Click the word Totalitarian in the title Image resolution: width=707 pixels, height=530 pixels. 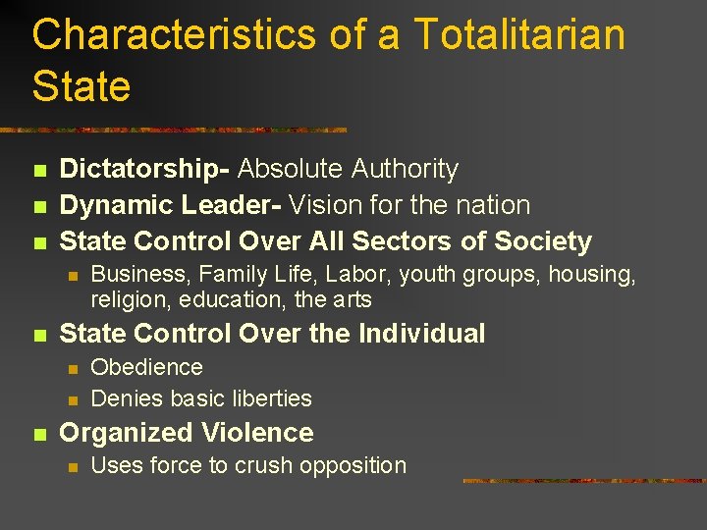(x=519, y=35)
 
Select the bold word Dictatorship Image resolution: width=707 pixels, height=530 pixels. (x=142, y=170)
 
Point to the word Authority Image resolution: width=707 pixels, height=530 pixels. (x=403, y=170)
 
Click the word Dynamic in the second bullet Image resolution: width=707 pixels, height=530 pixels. (x=117, y=205)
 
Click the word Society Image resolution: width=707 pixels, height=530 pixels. (x=542, y=240)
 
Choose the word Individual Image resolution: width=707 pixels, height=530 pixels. (x=421, y=334)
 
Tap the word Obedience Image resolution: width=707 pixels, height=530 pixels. (x=146, y=367)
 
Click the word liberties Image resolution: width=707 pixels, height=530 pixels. (x=269, y=398)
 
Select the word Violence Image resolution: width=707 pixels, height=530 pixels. (x=257, y=433)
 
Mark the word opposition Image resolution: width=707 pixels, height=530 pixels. (x=354, y=465)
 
